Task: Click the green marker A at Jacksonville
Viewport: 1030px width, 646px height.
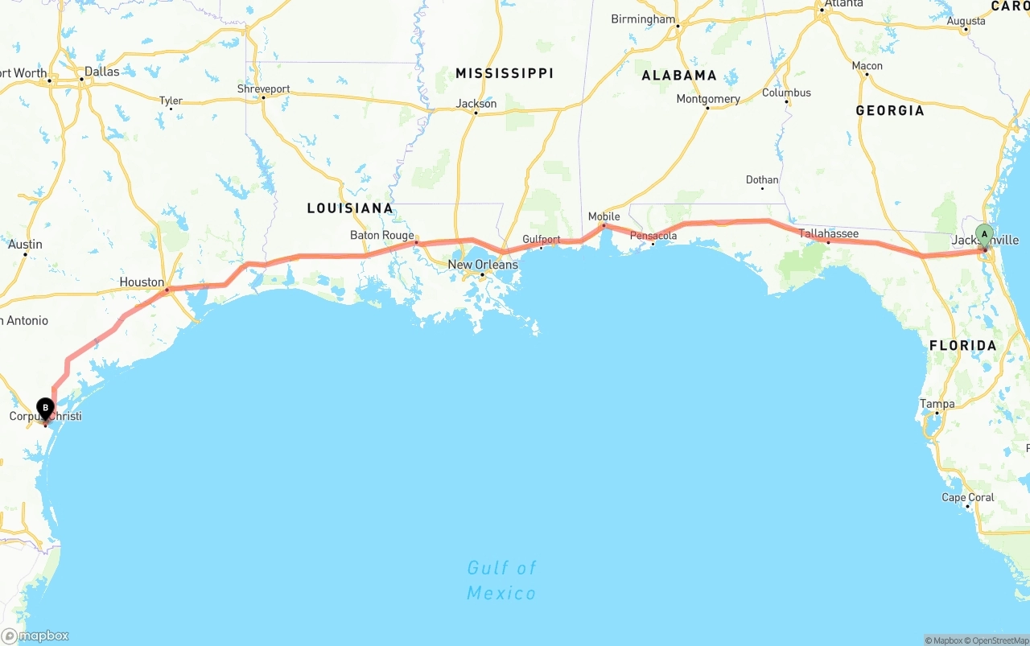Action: pyautogui.click(x=983, y=235)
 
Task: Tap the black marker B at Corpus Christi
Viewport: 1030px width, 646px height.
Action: pyautogui.click(x=45, y=409)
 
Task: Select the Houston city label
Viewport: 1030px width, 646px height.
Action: pyautogui.click(x=142, y=282)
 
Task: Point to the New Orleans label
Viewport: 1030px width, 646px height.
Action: pyautogui.click(x=483, y=265)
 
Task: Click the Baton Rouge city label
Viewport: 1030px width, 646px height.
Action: pyautogui.click(x=381, y=236)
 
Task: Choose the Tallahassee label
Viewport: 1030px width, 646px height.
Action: pyautogui.click(x=828, y=234)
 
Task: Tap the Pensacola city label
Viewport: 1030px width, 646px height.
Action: pyautogui.click(x=653, y=236)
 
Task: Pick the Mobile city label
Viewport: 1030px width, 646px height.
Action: pyautogui.click(x=604, y=216)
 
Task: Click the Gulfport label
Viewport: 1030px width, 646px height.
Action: pyautogui.click(x=542, y=240)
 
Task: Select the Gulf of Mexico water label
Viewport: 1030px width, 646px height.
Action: pyautogui.click(x=501, y=581)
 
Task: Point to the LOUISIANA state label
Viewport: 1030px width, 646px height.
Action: pyautogui.click(x=350, y=208)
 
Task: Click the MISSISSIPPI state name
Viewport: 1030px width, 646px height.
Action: pyautogui.click(x=505, y=73)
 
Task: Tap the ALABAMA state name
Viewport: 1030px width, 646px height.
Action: pyautogui.click(x=679, y=76)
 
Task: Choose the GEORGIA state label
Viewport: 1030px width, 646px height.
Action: pyautogui.click(x=890, y=110)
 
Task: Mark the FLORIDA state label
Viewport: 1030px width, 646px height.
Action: pyautogui.click(x=962, y=346)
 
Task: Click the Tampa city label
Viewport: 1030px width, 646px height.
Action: pyautogui.click(x=937, y=404)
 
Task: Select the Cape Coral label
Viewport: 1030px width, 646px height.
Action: pyautogui.click(x=968, y=497)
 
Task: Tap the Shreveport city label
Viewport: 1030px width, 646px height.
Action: pyautogui.click(x=263, y=88)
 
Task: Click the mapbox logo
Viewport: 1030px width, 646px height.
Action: pyautogui.click(x=35, y=636)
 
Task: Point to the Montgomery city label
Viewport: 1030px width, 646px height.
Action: pyautogui.click(x=708, y=99)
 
